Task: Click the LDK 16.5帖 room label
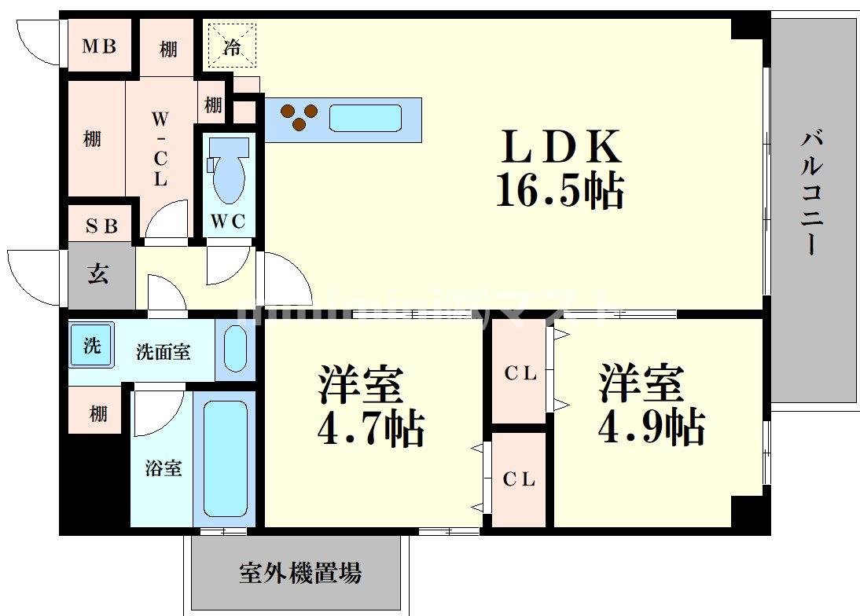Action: pos(560,168)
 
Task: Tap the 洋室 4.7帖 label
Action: pos(370,407)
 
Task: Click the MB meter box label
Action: pos(101,46)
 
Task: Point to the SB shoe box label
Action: pos(101,226)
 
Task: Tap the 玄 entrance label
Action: pos(98,275)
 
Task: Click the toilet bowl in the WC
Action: pos(229,174)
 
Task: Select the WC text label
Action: pos(228,222)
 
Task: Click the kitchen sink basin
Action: pos(364,119)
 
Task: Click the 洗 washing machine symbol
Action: pos(92,346)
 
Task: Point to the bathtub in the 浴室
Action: pos(225,458)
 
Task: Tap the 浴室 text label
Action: pos(164,468)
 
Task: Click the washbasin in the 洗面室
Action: pos(235,347)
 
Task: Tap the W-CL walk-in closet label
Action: pos(160,149)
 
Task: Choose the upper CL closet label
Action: pos(520,375)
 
